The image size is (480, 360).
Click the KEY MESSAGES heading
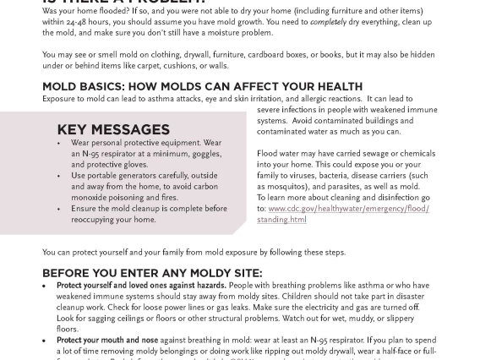tap(113, 130)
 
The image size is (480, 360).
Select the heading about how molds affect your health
tap(202, 86)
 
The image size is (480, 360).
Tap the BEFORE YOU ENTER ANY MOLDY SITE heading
tap(152, 273)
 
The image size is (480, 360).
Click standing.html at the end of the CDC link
tap(281, 220)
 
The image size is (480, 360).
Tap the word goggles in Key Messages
tap(205, 154)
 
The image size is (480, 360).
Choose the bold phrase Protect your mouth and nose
tap(107, 341)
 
